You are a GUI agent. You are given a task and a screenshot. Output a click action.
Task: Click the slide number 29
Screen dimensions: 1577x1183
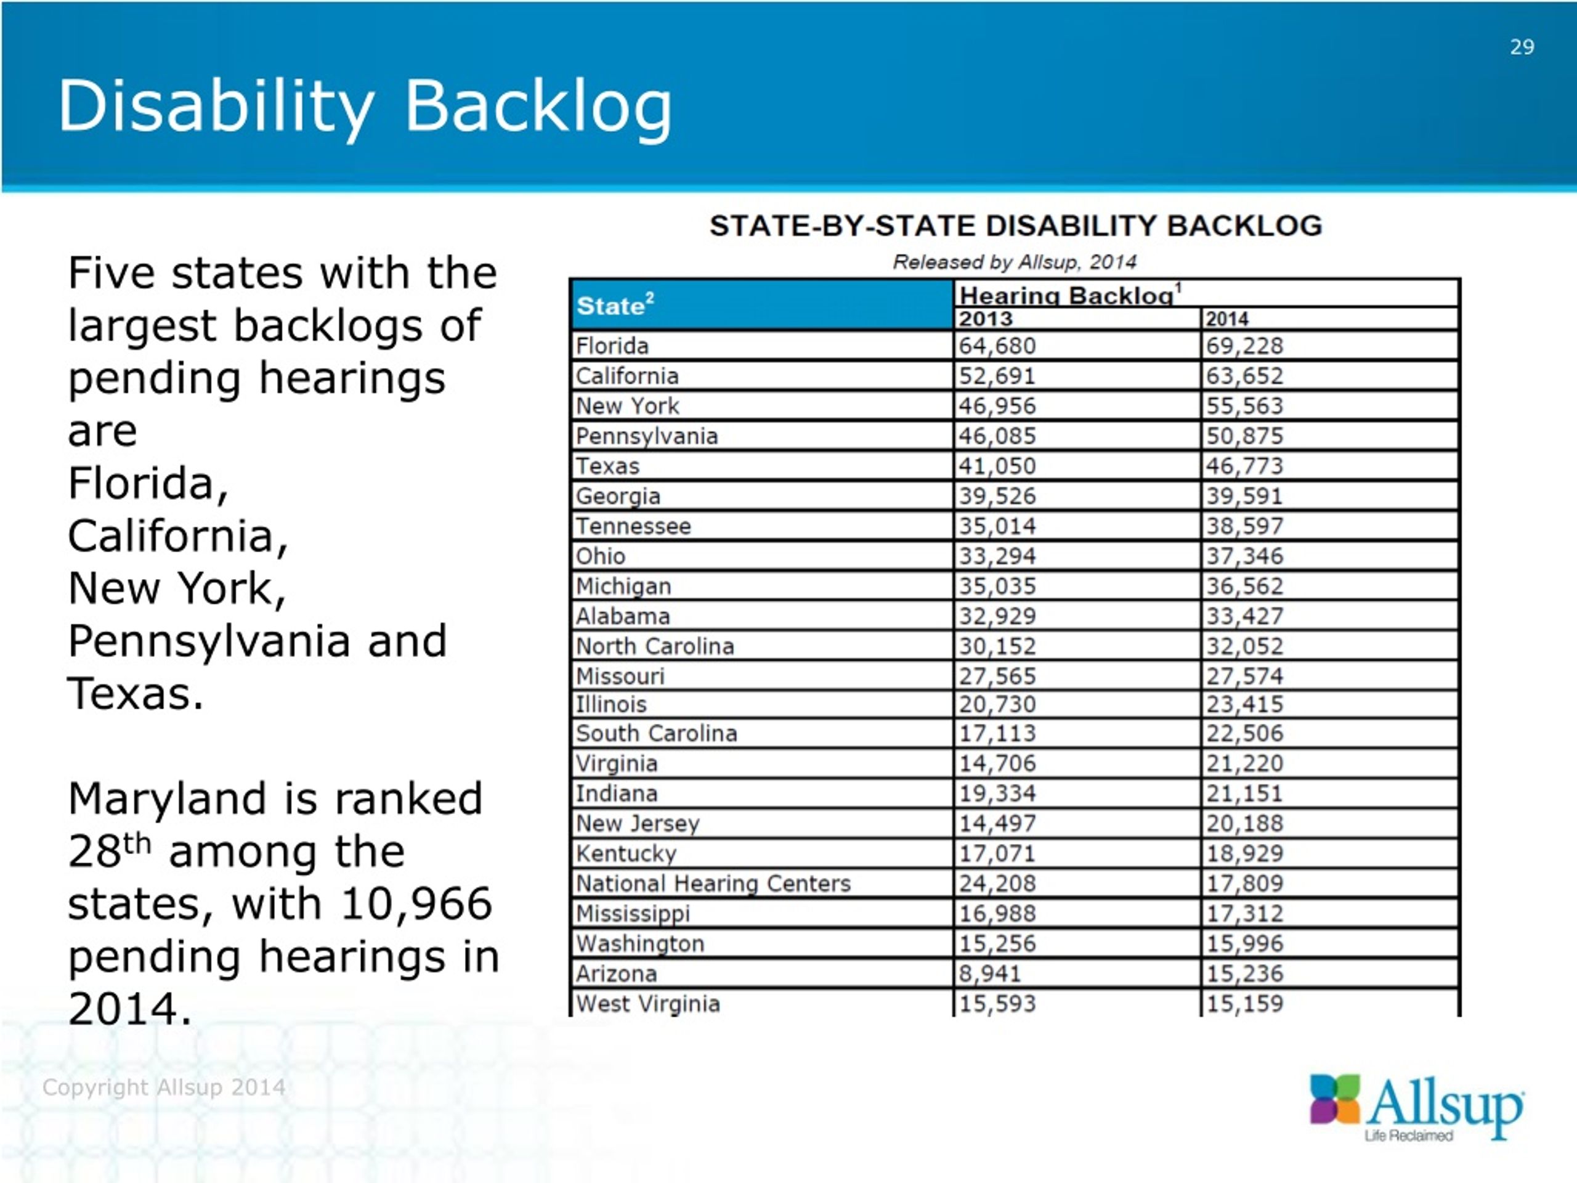click(x=1522, y=47)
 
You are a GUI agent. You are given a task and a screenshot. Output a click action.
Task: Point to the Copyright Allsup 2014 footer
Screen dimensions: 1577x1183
click(x=164, y=1087)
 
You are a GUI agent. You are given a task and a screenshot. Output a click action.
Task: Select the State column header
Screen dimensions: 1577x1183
click(x=615, y=304)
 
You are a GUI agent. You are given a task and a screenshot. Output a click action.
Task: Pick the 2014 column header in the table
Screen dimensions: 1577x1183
click(x=1227, y=319)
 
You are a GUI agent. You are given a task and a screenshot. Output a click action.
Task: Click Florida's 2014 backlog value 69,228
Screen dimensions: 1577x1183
click(x=1244, y=346)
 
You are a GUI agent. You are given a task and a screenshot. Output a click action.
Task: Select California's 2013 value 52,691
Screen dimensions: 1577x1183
click(x=997, y=376)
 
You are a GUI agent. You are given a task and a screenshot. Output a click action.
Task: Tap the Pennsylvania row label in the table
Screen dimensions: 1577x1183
click(x=647, y=436)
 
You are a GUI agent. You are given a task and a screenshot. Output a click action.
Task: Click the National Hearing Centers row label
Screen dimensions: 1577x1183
click(x=713, y=884)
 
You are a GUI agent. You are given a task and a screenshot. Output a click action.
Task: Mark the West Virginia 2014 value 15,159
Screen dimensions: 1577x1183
click(x=1244, y=1003)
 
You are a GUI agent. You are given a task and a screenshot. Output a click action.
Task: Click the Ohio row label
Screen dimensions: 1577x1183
click(x=600, y=556)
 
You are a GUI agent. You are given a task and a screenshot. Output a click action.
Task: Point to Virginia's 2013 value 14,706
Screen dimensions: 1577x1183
click(x=997, y=763)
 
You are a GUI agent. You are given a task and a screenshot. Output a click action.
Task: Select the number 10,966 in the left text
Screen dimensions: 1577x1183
click(x=416, y=903)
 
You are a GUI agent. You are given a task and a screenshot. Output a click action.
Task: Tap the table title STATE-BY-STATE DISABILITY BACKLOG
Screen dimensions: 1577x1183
click(x=1016, y=226)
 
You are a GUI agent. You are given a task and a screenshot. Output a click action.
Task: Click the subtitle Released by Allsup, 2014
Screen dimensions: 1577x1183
click(x=1015, y=262)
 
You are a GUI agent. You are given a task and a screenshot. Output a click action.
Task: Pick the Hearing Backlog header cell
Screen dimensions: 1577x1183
click(x=1070, y=295)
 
